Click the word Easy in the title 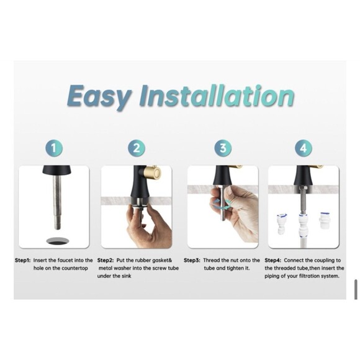click(99, 97)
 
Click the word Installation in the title click(217, 96)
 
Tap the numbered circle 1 click(54, 148)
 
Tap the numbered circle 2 click(137, 148)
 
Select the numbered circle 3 click(223, 148)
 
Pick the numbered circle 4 click(304, 148)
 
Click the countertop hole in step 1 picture click(57, 241)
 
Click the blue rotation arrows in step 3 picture click(222, 204)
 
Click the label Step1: click(22, 260)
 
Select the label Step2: click(106, 260)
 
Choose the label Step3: click(192, 260)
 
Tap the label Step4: click(272, 260)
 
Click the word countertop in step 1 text click(74, 268)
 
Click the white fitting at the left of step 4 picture click(281, 223)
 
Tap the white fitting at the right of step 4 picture click(325, 220)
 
